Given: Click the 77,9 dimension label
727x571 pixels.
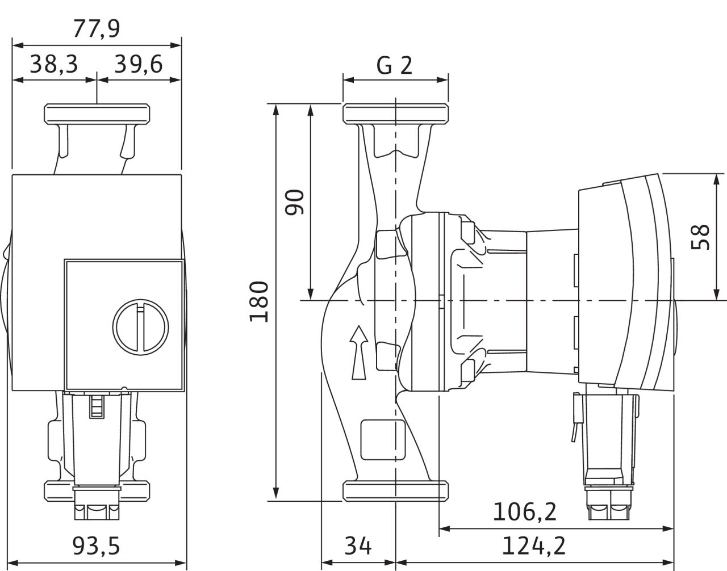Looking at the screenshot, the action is pyautogui.click(x=97, y=29).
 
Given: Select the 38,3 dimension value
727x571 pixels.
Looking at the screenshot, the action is pyautogui.click(x=54, y=64).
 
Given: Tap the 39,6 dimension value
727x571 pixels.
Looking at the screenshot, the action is pyautogui.click(x=139, y=64).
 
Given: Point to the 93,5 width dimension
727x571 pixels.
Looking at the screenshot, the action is pyautogui.click(x=96, y=546).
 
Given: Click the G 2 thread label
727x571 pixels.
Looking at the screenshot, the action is pyautogui.click(x=394, y=65).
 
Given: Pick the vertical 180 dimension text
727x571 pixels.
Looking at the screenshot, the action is pyautogui.click(x=259, y=302).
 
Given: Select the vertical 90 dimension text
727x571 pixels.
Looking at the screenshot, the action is pyautogui.click(x=294, y=202).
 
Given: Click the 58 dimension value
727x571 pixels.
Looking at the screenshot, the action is pyautogui.click(x=700, y=237).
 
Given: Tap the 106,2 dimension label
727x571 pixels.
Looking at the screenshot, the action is pyautogui.click(x=525, y=511).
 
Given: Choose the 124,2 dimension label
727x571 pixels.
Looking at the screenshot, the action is pyautogui.click(x=534, y=546).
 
